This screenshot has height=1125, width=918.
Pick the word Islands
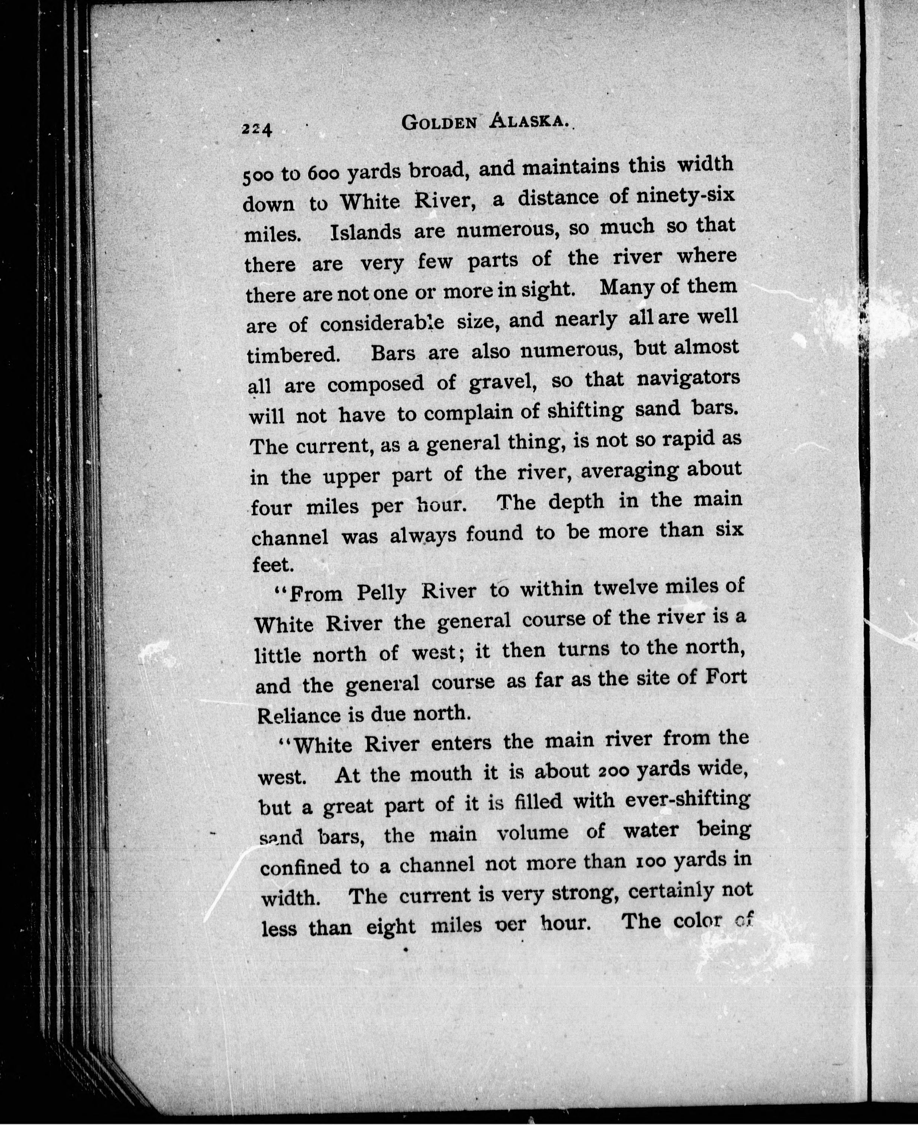point(365,232)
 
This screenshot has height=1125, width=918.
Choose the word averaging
point(629,470)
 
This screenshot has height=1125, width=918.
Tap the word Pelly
point(381,593)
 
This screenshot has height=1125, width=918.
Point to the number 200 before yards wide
point(613,770)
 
